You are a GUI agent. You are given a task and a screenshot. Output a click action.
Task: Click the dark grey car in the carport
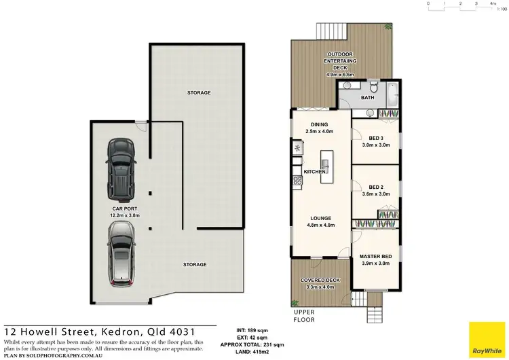pyautogui.click(x=119, y=166)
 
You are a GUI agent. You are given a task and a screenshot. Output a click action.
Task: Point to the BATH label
pyautogui.click(x=367, y=98)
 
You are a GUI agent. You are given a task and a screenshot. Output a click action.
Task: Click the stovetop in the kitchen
pyautogui.click(x=297, y=180)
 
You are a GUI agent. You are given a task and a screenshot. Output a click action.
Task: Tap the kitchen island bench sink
pyautogui.click(x=325, y=164)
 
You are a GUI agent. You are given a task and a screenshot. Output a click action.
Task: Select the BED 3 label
pyautogui.click(x=375, y=138)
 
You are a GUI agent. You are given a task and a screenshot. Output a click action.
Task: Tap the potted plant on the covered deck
pyautogui.click(x=295, y=304)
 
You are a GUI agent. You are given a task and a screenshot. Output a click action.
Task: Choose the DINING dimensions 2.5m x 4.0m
pyautogui.click(x=319, y=132)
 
